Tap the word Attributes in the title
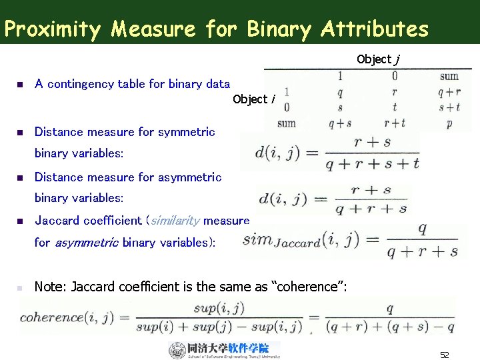pyautogui.click(x=374, y=29)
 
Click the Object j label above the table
pyautogui.click(x=378, y=59)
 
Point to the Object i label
pyautogui.click(x=254, y=99)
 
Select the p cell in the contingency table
pyautogui.click(x=449, y=123)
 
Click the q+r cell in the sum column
pyautogui.click(x=449, y=94)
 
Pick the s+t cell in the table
pyautogui.click(x=449, y=108)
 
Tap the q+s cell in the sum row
pyautogui.click(x=340, y=123)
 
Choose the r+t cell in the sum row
pyautogui.click(x=395, y=123)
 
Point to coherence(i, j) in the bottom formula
pyautogui.click(x=73, y=317)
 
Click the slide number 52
pyautogui.click(x=445, y=355)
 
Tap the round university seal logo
pyautogui.click(x=177, y=350)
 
